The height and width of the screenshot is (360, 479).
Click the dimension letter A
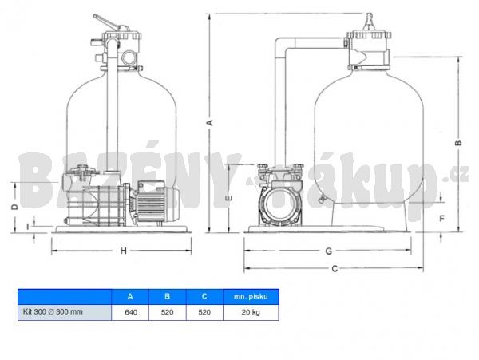pos(210,122)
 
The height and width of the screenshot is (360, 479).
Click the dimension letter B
pos(458,143)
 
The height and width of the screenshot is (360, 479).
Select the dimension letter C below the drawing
pos(335,269)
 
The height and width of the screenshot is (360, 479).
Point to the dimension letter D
pos(14,207)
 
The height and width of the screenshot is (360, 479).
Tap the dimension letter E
pos(229,198)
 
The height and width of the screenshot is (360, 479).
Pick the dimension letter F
pos(441,219)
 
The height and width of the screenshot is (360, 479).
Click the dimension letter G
pos(328,251)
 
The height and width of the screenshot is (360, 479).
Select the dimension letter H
pos(123,251)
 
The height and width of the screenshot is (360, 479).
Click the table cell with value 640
pos(130,312)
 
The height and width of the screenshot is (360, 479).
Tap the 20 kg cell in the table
pos(251,312)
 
